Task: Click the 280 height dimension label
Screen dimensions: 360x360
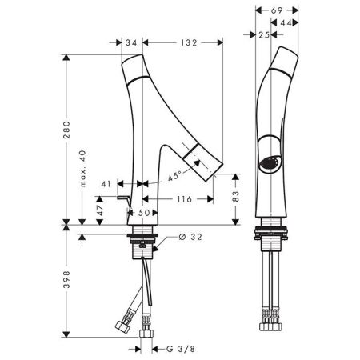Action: [x=66, y=130]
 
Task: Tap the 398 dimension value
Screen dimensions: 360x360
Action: [x=66, y=279]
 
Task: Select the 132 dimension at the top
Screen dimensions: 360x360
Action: [x=189, y=42]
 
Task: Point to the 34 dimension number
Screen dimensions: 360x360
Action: [x=131, y=42]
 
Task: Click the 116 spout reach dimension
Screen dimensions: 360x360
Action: [x=184, y=199]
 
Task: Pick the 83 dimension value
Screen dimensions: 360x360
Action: [x=236, y=196]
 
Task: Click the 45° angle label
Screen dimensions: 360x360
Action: [x=174, y=177]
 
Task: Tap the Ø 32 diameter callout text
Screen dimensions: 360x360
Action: [x=190, y=237]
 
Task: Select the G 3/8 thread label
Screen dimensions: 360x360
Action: [x=181, y=349]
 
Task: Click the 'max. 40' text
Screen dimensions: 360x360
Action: [x=83, y=168]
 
